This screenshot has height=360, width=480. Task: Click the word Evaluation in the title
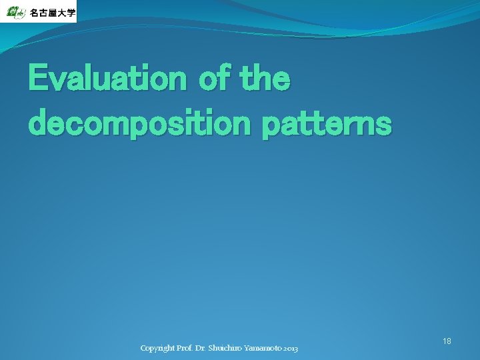coord(107,79)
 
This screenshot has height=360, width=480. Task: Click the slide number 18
coord(447,341)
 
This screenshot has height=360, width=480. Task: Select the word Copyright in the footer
coord(157,349)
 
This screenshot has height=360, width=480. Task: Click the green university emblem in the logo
coord(15,11)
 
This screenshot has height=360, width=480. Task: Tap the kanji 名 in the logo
coord(35,13)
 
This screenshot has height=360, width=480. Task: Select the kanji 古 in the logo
coord(45,13)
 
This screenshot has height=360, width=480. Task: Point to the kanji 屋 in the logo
coord(55,13)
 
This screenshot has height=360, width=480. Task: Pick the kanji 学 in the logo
coord(72,13)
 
